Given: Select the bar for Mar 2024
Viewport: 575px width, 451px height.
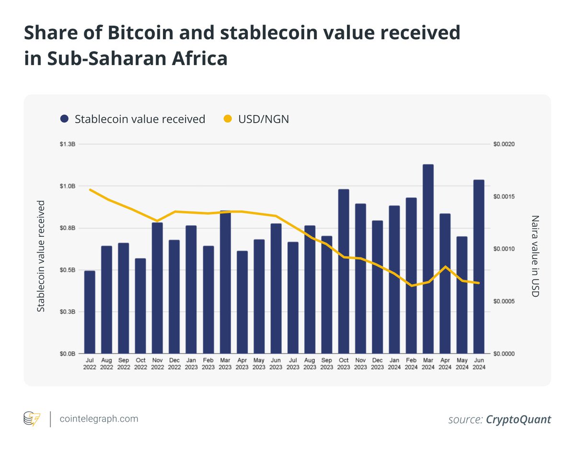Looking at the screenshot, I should pyautogui.click(x=428, y=259).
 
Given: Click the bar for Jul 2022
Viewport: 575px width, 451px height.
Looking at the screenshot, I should pyautogui.click(x=90, y=312).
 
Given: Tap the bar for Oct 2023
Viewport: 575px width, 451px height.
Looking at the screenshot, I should pyautogui.click(x=344, y=271).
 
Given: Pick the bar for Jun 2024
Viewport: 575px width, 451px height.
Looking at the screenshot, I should pyautogui.click(x=479, y=266).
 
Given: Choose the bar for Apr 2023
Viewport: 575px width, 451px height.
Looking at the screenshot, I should pyautogui.click(x=242, y=302).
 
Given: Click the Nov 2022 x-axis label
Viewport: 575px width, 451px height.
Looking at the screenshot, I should pyautogui.click(x=157, y=364).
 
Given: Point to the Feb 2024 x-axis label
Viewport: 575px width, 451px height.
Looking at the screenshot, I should pyautogui.click(x=411, y=364).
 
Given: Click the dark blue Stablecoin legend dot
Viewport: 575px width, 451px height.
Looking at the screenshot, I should pyautogui.click(x=64, y=119).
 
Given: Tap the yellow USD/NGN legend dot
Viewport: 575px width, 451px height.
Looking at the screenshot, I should pyautogui.click(x=228, y=119).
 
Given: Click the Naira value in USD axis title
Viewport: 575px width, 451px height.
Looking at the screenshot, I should pyautogui.click(x=535, y=256).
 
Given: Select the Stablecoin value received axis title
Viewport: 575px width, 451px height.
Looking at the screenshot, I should pyautogui.click(x=41, y=256).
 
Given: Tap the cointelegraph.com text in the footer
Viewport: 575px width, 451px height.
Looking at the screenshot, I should pyautogui.click(x=99, y=418).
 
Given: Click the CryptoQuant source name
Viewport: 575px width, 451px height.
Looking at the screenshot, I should pyautogui.click(x=518, y=420).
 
